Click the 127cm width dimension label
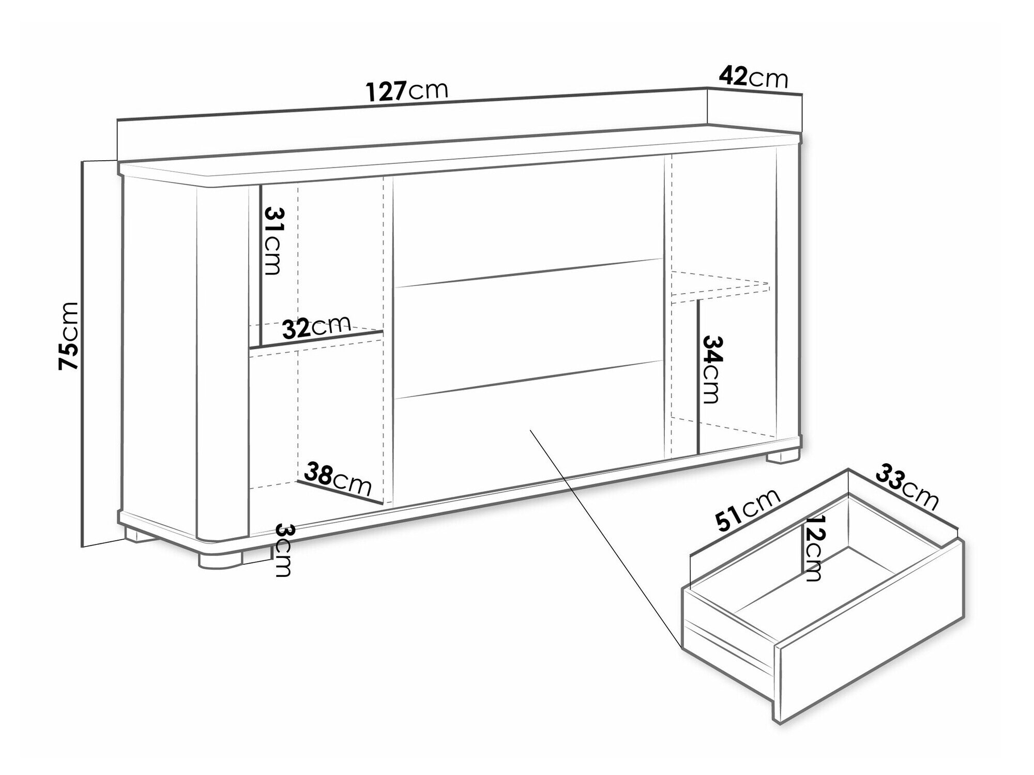tap(407, 91)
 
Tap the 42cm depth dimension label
tap(753, 78)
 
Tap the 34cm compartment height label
tap(710, 369)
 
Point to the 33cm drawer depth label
tap(906, 487)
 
